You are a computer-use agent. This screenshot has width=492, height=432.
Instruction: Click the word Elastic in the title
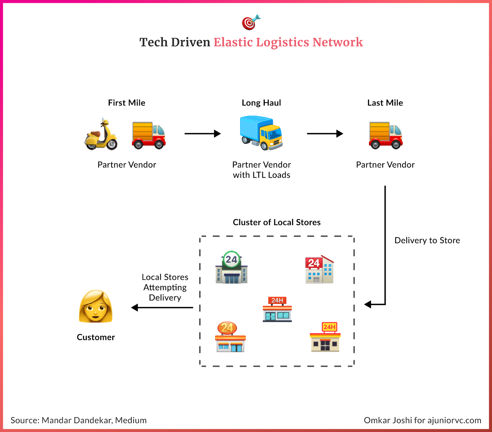point(233,42)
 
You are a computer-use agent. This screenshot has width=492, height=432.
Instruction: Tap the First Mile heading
point(126,103)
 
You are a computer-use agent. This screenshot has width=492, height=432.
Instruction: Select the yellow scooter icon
point(101,135)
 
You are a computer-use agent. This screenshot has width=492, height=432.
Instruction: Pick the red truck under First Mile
point(149,136)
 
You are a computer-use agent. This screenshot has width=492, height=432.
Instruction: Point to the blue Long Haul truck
point(261,133)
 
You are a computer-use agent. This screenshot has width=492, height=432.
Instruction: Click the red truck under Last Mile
point(386,136)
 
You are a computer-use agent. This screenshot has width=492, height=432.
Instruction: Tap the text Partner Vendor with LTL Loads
point(261,170)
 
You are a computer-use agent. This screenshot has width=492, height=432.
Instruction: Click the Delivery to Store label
point(427,240)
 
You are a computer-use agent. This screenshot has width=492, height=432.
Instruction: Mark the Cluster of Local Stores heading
point(276,222)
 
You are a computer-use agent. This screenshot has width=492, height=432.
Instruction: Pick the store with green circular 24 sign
point(232,268)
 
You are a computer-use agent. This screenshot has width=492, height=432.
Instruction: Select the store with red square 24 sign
point(319,270)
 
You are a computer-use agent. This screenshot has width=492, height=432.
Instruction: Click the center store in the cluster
point(277,309)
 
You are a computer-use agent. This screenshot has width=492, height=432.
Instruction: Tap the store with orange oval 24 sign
point(230,337)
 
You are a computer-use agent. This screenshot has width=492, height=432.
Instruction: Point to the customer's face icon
point(96,307)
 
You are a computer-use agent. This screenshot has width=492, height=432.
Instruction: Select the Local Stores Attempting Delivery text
point(165,287)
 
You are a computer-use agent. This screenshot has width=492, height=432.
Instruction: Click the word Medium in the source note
point(131,420)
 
